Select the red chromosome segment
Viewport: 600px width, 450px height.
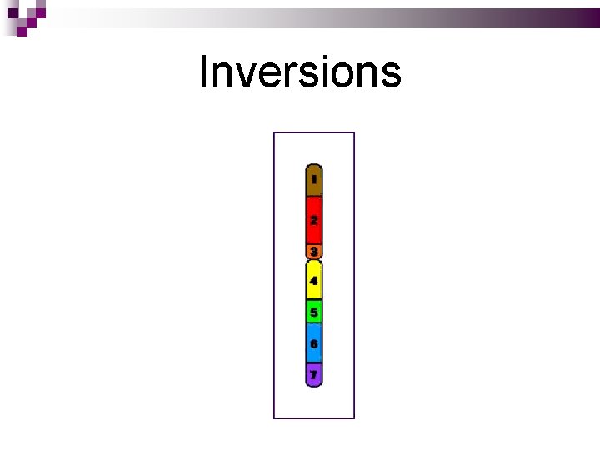[313, 220]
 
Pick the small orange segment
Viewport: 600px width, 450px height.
[313, 250]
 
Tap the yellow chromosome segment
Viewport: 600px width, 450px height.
[313, 280]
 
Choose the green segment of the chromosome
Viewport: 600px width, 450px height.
[313, 312]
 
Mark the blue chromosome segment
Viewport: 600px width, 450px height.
[313, 343]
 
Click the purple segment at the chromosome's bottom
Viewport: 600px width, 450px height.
[313, 375]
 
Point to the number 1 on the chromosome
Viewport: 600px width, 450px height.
[313, 179]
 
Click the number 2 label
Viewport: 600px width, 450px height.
[313, 220]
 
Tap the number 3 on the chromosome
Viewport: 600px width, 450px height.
[313, 250]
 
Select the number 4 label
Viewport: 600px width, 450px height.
[313, 281]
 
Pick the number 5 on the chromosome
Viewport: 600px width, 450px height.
[313, 312]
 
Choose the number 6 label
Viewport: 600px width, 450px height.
[313, 343]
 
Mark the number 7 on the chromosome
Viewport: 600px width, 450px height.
[313, 375]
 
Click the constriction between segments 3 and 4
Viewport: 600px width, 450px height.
[313, 259]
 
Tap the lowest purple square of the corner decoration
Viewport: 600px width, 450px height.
[22, 31]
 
